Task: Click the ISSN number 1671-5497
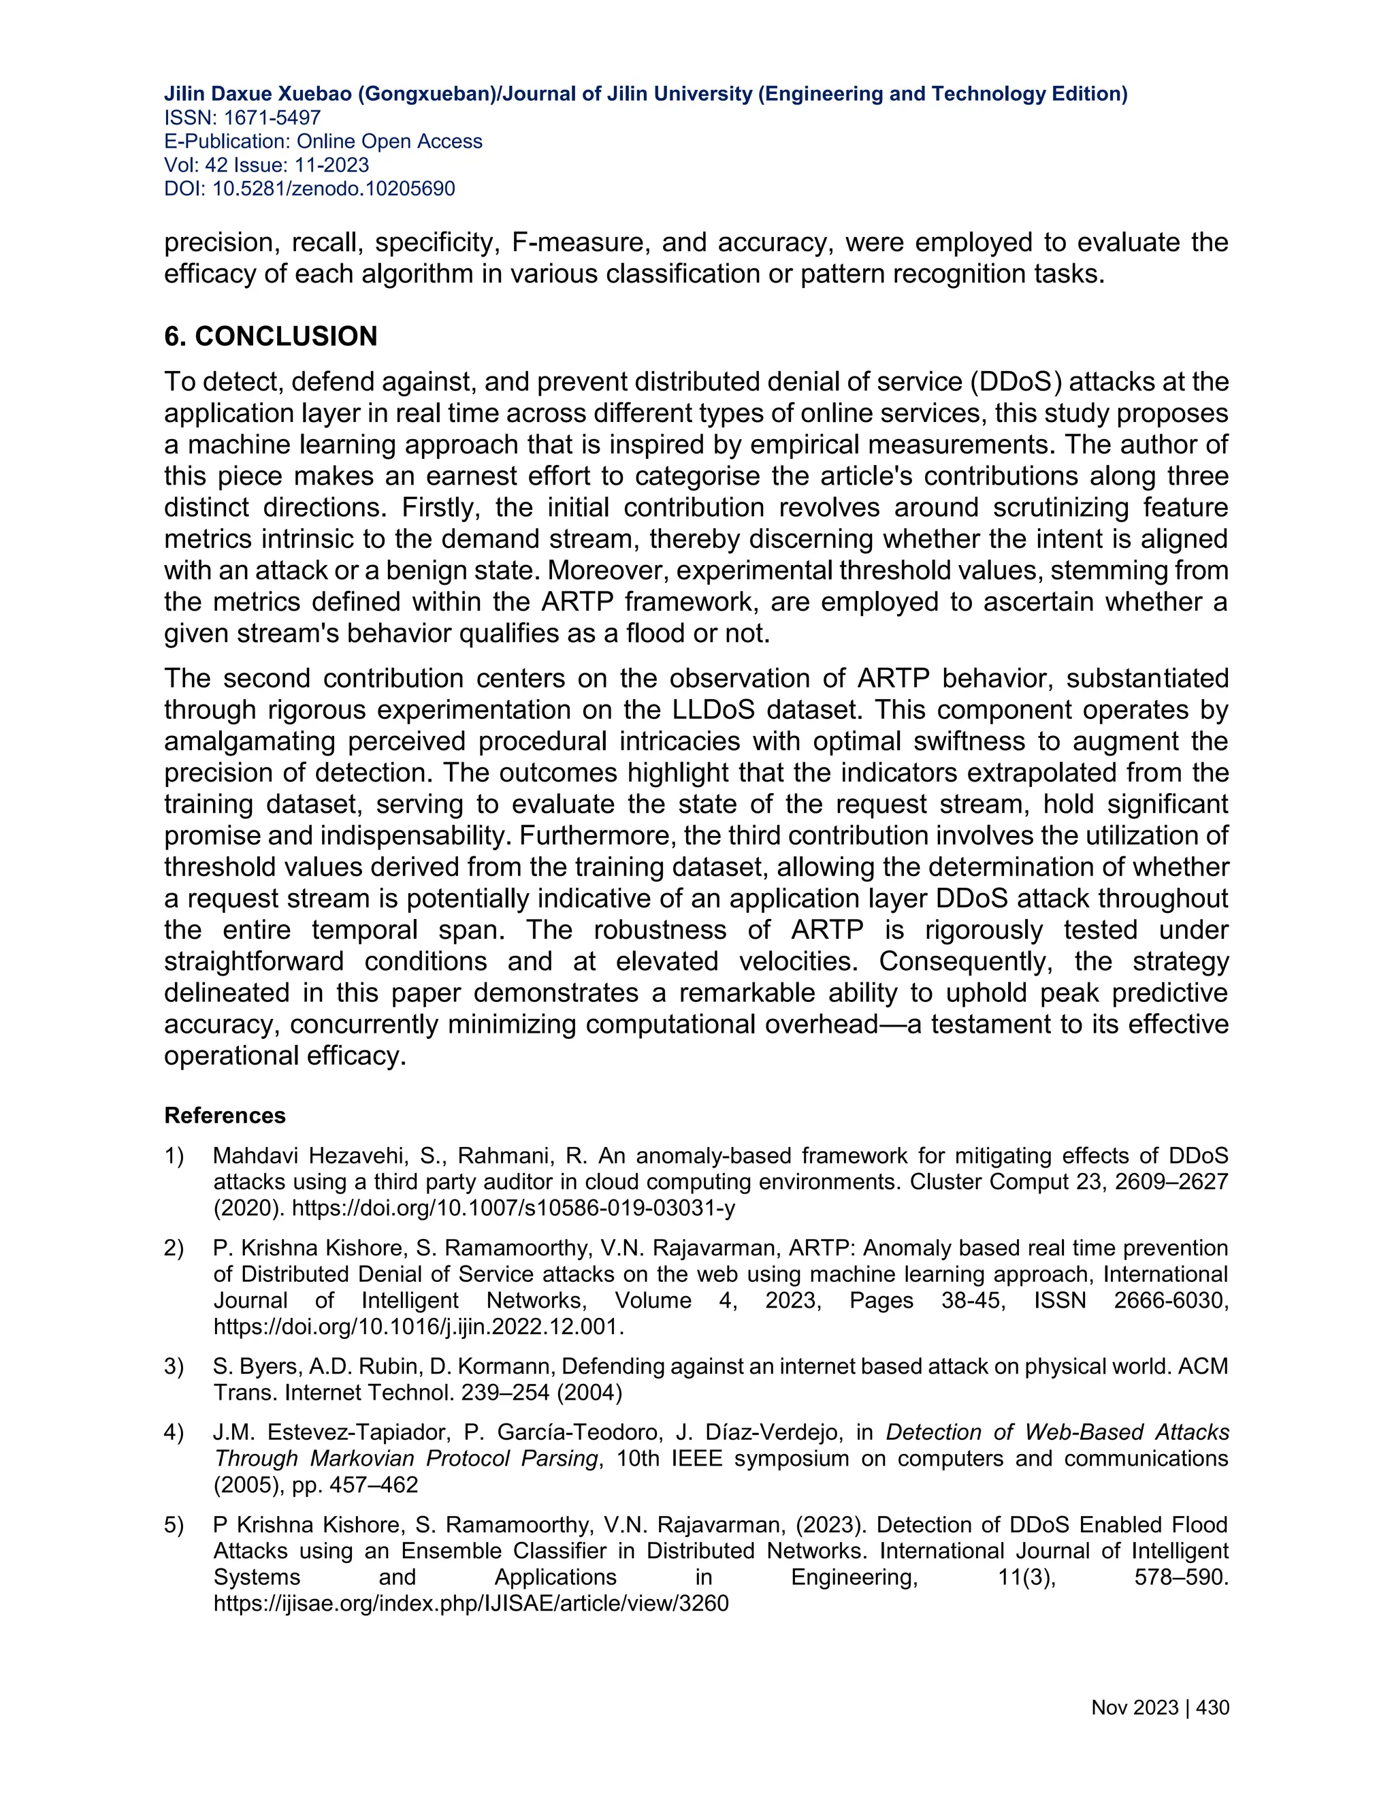(x=272, y=118)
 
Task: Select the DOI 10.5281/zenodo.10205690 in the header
(x=334, y=189)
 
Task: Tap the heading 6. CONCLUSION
(x=270, y=336)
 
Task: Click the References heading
(x=225, y=1115)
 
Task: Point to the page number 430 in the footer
(x=1212, y=1707)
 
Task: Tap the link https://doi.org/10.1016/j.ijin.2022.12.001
(x=419, y=1327)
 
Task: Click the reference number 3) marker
(x=174, y=1367)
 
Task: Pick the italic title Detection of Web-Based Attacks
(x=1057, y=1432)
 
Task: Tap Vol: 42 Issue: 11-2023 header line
(x=266, y=165)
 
